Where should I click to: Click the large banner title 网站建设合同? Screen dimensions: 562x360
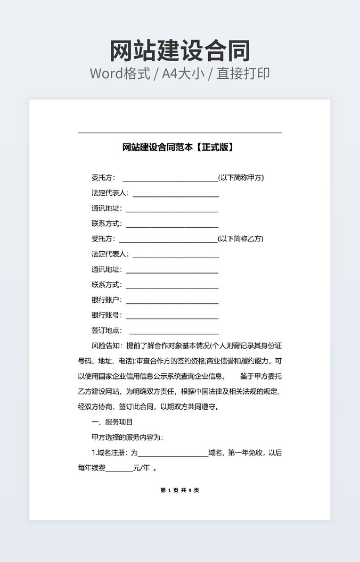180,51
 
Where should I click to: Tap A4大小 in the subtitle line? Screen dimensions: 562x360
184,73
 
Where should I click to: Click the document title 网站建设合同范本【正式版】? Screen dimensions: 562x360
178,147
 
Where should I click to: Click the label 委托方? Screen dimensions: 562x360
102,178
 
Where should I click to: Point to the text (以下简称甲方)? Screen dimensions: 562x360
241,178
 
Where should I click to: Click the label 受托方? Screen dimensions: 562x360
102,239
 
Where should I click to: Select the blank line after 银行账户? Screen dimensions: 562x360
172,303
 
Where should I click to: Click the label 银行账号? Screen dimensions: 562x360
106,315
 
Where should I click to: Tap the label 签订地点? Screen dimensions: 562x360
106,330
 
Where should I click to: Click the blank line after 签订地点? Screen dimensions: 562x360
174,333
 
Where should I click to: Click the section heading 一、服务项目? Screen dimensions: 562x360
112,422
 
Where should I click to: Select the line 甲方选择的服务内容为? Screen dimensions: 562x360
127,437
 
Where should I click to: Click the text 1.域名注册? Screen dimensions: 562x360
110,453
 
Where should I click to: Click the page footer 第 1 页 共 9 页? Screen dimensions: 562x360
179,490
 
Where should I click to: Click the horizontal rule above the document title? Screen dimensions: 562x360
179,133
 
